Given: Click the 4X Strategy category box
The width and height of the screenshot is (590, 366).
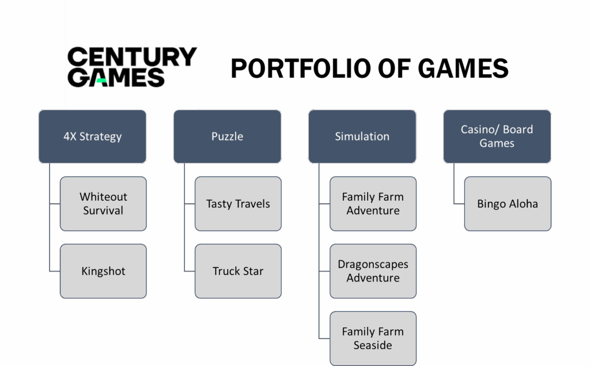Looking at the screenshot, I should (x=92, y=136).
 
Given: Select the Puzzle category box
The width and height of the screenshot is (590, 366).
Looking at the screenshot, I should (x=227, y=136).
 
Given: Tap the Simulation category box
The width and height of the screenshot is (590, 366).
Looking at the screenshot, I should (x=362, y=136).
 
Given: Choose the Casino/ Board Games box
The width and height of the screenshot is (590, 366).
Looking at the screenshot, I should (x=497, y=136).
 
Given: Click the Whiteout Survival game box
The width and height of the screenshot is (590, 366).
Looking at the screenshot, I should (x=103, y=204).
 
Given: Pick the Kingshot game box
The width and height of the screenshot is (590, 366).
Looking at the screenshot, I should (x=103, y=271).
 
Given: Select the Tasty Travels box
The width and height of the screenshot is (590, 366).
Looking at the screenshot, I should (x=238, y=204).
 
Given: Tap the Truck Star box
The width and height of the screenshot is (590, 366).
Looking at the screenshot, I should (x=238, y=271).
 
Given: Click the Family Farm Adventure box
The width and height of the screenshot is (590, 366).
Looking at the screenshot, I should (x=373, y=204).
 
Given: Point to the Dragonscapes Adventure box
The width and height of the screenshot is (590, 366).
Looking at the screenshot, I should (x=373, y=271).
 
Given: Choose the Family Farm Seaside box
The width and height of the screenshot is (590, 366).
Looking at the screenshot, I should (x=373, y=338).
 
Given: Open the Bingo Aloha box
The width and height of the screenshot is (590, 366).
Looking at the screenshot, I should (x=508, y=204).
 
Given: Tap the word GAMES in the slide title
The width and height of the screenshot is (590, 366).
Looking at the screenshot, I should (x=463, y=69).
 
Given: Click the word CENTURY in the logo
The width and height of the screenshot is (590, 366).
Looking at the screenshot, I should (x=132, y=58).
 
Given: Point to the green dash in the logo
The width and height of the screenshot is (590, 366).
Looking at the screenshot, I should (x=101, y=81).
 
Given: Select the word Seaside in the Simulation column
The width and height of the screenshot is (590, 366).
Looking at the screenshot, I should (x=373, y=345).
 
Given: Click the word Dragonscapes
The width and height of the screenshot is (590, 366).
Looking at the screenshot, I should (x=373, y=264).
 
